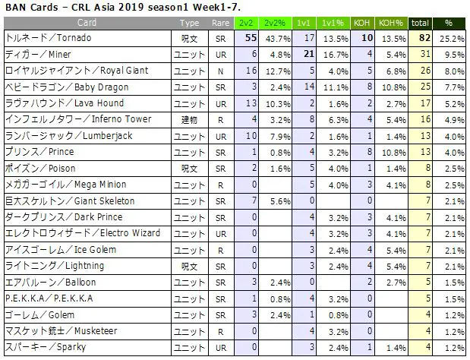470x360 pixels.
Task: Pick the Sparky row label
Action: (x=46, y=347)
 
